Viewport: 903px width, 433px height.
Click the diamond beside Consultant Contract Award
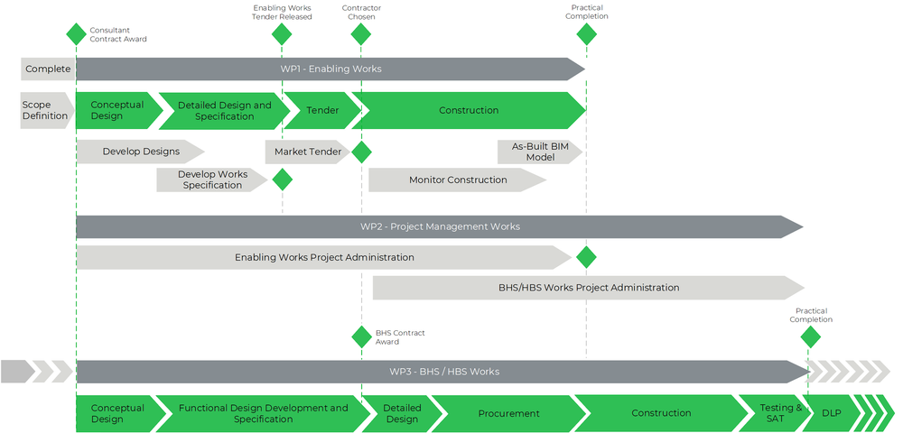(x=76, y=34)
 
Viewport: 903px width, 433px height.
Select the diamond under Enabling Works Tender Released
(x=282, y=34)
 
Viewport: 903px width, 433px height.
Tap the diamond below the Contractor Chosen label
(x=361, y=34)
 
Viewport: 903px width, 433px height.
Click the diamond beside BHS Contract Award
(x=361, y=336)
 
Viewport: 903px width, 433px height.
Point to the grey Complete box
(x=48, y=69)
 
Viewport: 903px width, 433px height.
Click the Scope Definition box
(x=46, y=110)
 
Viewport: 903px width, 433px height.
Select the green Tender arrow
(x=322, y=110)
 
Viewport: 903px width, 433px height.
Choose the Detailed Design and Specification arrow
(x=223, y=110)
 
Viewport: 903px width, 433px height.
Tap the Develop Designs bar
(x=140, y=152)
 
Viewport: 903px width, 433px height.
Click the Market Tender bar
(x=307, y=152)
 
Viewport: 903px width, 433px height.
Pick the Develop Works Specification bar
(x=212, y=180)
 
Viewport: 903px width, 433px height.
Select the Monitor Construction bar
(x=457, y=180)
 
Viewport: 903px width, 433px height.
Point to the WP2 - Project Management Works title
(x=440, y=226)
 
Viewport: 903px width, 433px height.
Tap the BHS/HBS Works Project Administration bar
(x=588, y=288)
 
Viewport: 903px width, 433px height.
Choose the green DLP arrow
(x=830, y=413)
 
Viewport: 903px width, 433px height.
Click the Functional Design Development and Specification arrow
(x=263, y=413)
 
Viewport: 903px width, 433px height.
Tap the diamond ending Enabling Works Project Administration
(x=586, y=257)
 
